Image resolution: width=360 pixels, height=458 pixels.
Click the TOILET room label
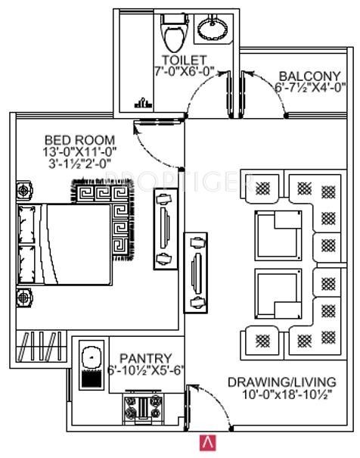[x=184, y=60]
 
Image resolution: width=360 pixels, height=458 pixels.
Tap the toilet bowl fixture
[x=175, y=33]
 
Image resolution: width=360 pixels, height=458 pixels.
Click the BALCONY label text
[x=309, y=76]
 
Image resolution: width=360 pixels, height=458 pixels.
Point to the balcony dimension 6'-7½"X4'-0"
[x=310, y=87]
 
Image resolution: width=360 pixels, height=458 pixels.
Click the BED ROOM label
[x=80, y=140]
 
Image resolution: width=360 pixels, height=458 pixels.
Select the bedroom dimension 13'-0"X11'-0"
[x=79, y=152]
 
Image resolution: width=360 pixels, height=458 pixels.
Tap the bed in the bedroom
[x=64, y=245]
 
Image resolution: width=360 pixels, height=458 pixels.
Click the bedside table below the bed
[x=24, y=298]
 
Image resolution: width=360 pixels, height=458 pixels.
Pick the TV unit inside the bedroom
[x=166, y=229]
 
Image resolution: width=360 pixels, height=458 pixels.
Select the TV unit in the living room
[x=195, y=273]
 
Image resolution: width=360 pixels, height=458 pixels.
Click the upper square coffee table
[x=278, y=235]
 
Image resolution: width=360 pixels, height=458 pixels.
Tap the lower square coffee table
[x=278, y=294]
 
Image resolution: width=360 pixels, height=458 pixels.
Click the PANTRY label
[x=145, y=358]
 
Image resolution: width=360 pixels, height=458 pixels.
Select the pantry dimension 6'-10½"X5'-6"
[x=145, y=370]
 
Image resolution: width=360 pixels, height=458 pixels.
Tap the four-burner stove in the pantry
[x=143, y=407]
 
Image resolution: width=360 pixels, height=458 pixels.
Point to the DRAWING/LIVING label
[x=282, y=382]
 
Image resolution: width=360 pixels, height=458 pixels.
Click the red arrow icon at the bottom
[x=208, y=443]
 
